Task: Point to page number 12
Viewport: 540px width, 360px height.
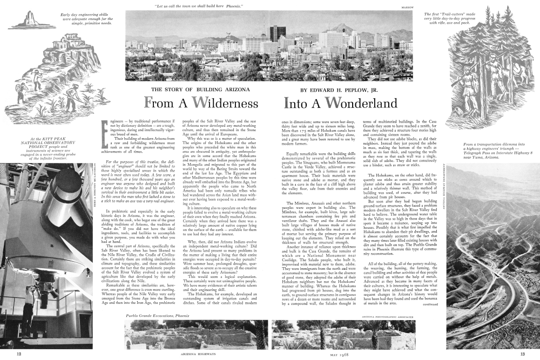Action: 19,354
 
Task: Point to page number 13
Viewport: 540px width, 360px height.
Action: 522,354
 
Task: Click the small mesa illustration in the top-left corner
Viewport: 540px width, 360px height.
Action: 24,21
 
